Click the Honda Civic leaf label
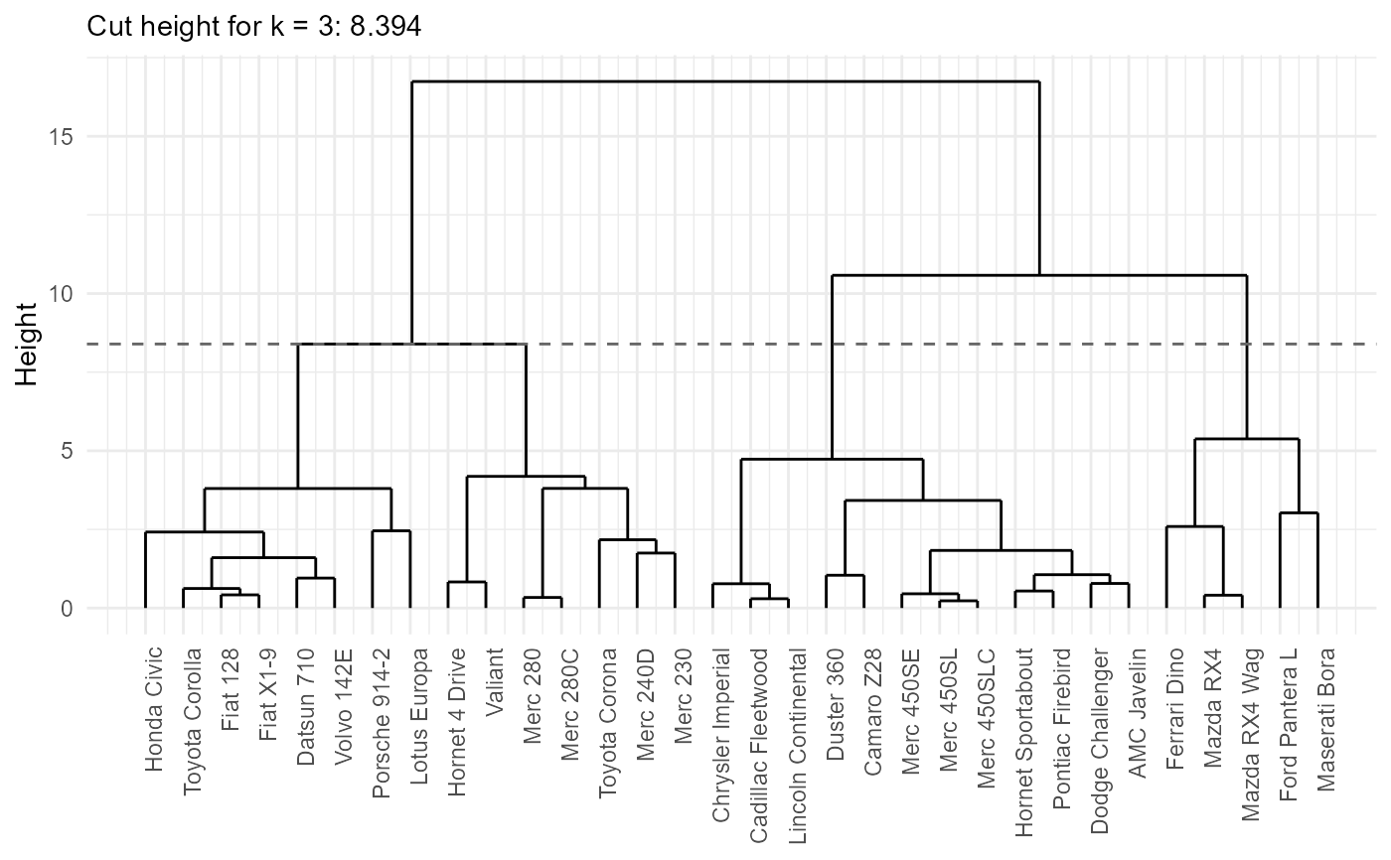coord(153,709)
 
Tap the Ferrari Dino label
coord(1174,709)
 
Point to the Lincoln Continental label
coord(797,746)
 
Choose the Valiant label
coord(494,682)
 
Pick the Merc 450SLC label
coord(986,718)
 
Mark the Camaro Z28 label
coord(872,711)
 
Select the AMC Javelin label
coord(1137,713)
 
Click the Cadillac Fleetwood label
coord(759,745)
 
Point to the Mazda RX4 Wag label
coord(1250,734)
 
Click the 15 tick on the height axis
coord(61,137)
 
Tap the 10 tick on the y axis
coord(61,294)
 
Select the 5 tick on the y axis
coord(68,451)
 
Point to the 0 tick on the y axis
coord(68,609)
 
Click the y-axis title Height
coord(26,345)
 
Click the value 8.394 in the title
coord(386,27)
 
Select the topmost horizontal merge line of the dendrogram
coord(726,81)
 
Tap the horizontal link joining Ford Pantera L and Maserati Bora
coord(1299,513)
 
